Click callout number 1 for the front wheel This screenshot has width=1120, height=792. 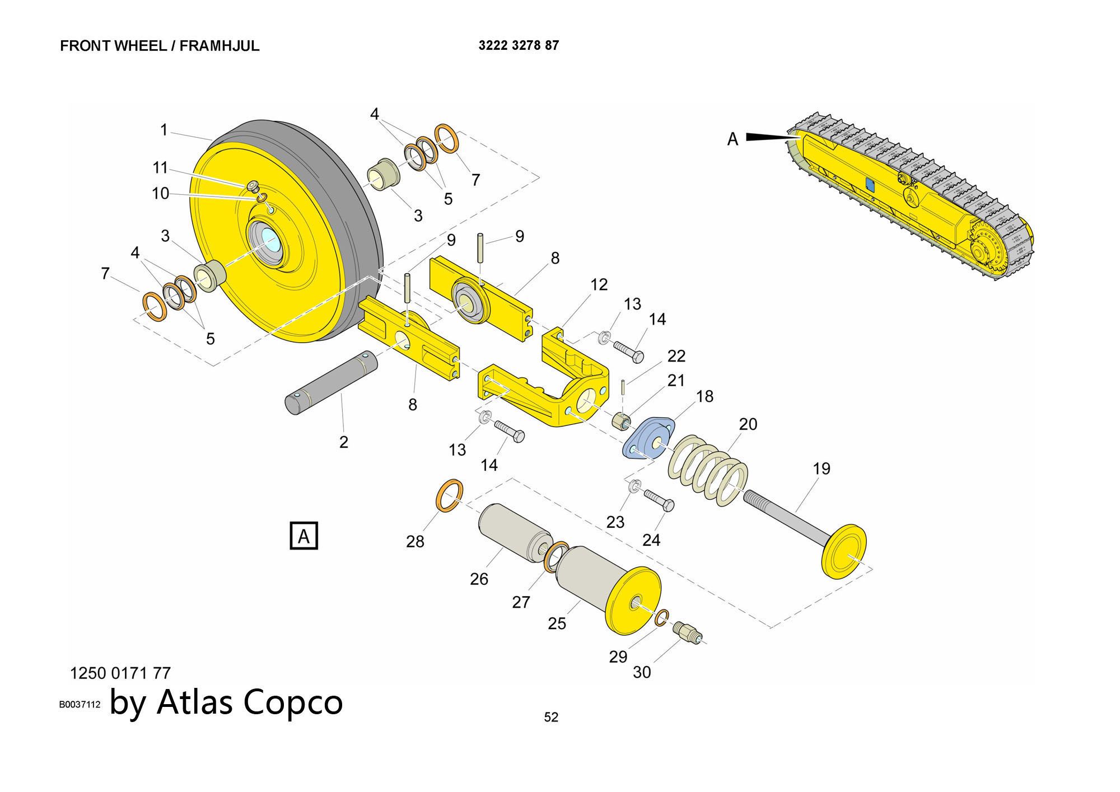[x=164, y=130]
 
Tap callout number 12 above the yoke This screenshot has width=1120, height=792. [x=599, y=285]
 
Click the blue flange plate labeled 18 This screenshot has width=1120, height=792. [x=648, y=438]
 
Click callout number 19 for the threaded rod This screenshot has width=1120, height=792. [x=821, y=468]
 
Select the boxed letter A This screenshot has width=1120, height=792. [x=304, y=536]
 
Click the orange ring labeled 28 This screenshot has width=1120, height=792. [x=449, y=495]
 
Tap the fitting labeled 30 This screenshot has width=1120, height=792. [x=687, y=633]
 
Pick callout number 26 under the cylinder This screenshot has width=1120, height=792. [x=479, y=579]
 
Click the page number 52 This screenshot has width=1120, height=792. [x=551, y=717]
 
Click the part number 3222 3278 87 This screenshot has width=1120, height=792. [x=519, y=45]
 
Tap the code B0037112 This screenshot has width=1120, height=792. [x=80, y=705]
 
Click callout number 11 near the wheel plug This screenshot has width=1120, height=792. [x=160, y=167]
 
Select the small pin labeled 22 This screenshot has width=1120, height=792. [x=623, y=387]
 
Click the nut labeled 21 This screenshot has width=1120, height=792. [x=621, y=420]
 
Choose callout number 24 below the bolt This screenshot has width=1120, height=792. [x=651, y=540]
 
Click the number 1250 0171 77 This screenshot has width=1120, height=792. [x=120, y=673]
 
